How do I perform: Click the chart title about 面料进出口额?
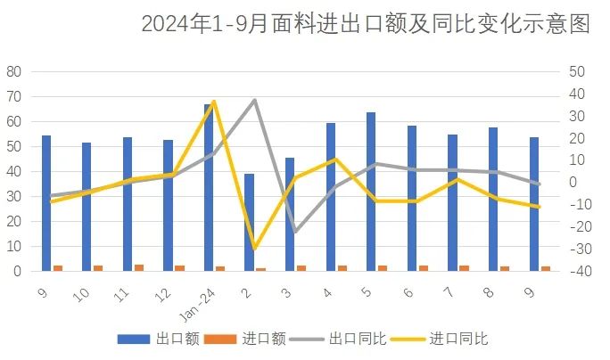[365, 24]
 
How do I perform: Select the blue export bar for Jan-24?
[208, 187]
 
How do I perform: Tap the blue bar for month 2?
[249, 222]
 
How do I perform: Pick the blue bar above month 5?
[371, 191]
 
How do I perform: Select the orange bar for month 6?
[423, 267]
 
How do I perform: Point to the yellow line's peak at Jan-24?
[214, 102]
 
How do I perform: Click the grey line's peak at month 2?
[255, 100]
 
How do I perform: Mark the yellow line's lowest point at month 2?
[255, 248]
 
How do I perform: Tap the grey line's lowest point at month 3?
[295, 232]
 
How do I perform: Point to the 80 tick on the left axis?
[14, 71]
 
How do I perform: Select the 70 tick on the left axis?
[14, 96]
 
